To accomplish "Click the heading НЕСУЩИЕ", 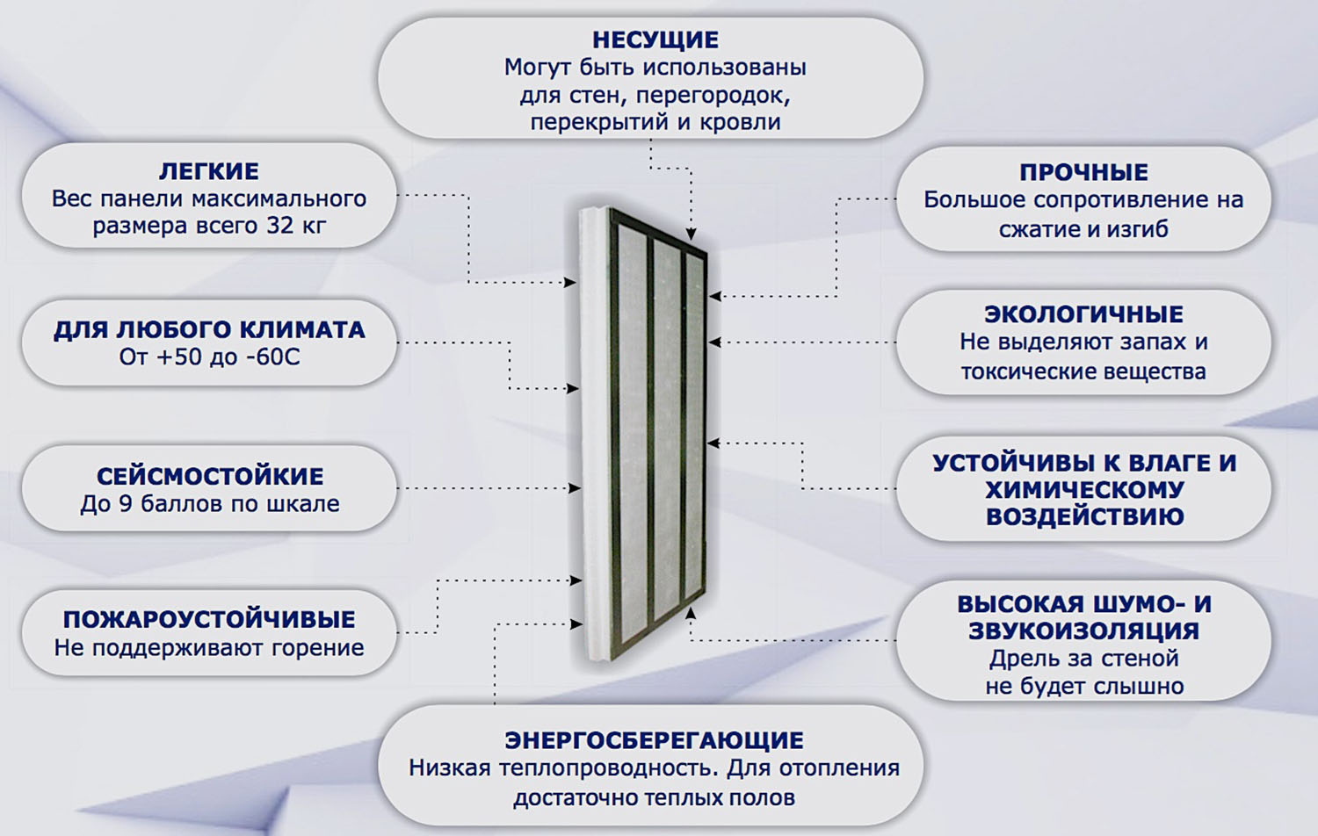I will point(655,40).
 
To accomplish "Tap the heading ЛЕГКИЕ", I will point(208,171).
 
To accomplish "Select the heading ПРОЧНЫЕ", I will point(1083,172).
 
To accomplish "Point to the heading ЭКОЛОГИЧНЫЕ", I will point(1083,313).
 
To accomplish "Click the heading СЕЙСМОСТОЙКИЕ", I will point(210,476).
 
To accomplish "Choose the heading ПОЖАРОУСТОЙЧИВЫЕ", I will point(209,619).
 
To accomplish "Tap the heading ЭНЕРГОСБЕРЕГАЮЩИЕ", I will point(654,740).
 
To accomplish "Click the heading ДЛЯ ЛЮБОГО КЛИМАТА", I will point(209,329).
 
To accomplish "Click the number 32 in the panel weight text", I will point(280,226).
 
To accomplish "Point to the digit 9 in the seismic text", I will point(127,504).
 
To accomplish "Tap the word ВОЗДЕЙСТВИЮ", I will point(1084,516).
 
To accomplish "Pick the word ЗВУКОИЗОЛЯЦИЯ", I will point(1083,631).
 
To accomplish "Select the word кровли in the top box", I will point(740,122).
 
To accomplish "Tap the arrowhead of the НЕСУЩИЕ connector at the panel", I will point(692,234).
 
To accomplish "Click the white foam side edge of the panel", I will point(597,439).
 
